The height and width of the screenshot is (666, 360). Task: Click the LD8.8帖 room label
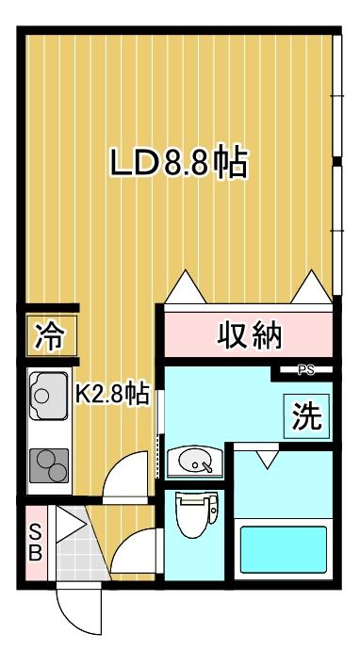tap(179, 162)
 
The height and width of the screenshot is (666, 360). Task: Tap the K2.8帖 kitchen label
tap(112, 394)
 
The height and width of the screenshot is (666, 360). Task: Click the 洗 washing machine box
tap(306, 415)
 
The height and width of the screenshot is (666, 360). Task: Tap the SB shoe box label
tap(36, 542)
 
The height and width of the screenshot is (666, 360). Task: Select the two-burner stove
tap(49, 465)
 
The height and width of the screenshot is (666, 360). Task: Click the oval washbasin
tap(195, 461)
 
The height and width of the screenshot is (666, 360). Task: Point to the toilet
tap(195, 513)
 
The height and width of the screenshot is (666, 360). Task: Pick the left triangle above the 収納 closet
tap(186, 287)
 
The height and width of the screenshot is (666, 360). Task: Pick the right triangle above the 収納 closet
tap(312, 287)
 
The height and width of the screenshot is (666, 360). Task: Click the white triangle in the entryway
tap(68, 524)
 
